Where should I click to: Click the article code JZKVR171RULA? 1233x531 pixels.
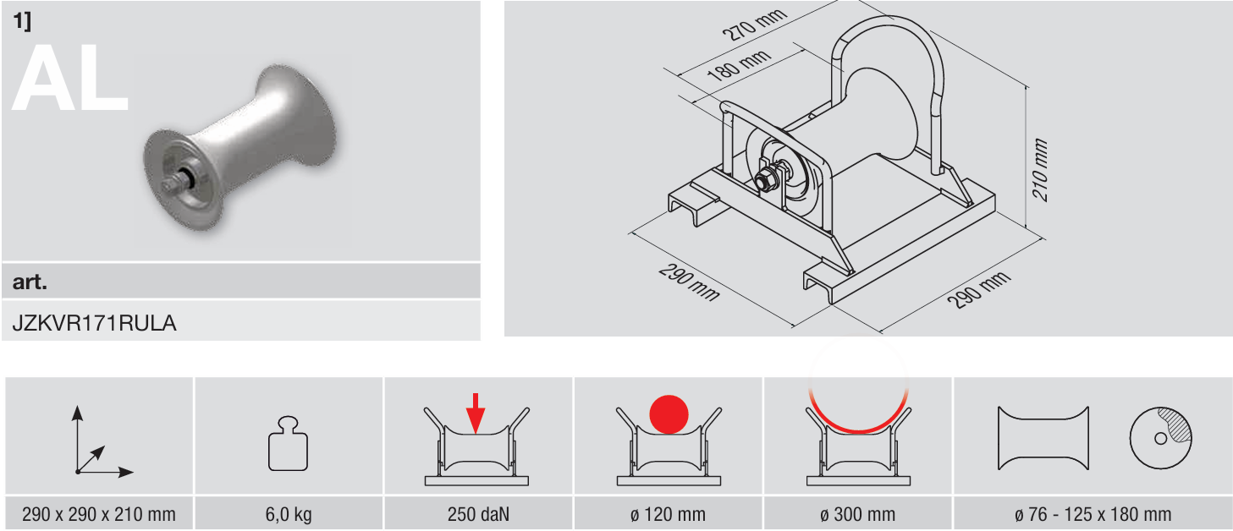click(94, 323)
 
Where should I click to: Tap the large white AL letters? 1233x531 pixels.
click(70, 78)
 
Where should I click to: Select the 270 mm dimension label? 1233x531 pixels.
click(754, 25)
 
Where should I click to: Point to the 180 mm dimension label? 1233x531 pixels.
click(739, 65)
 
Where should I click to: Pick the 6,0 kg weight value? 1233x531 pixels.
click(289, 514)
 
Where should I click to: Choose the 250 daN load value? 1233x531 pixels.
click(478, 514)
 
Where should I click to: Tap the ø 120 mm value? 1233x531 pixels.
click(668, 514)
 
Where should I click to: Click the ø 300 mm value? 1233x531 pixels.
click(857, 514)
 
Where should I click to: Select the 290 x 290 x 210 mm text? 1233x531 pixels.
click(99, 514)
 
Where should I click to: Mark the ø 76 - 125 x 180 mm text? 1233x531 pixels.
click(1093, 514)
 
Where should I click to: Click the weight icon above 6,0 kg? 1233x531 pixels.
click(288, 444)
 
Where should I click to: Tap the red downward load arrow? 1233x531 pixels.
click(476, 413)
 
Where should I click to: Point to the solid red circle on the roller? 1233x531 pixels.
click(669, 414)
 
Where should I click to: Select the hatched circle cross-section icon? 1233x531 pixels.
click(1160, 438)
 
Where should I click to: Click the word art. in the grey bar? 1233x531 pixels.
click(30, 282)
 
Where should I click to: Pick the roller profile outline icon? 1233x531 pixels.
click(1043, 438)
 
